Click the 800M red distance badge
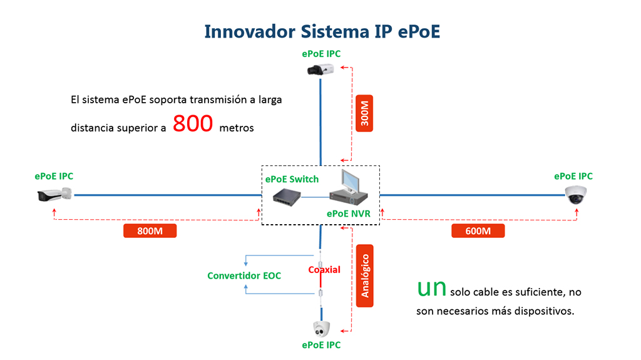pos(150,230)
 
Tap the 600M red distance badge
pos(478,230)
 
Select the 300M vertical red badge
pos(364,113)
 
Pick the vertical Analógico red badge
pos(364,275)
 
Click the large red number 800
pos(193,124)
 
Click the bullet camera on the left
pos(54,195)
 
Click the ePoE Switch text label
pos(292,179)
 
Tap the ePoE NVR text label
pos(348,213)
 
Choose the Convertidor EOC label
pos(244,275)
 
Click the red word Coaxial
pos(324,270)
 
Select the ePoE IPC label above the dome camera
pos(573,177)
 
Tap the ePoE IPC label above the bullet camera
pos(54,177)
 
